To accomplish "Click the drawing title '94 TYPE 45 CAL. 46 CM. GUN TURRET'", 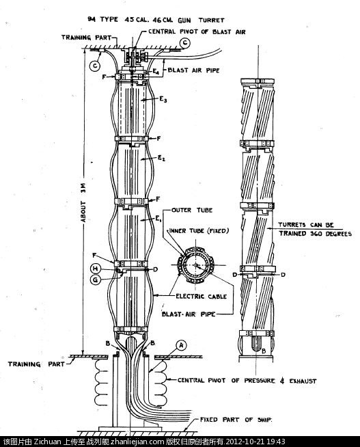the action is tap(156, 20).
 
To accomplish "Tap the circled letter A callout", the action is tap(181, 346).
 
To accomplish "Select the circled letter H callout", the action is tap(95, 269).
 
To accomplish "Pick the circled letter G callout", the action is tap(95, 280).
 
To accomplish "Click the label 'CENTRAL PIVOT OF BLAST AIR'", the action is tap(197, 31).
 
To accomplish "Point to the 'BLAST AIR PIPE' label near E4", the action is tap(193, 70).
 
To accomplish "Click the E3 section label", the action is tap(163, 100).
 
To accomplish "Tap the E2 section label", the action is tap(161, 158).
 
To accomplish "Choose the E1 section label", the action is tap(158, 219).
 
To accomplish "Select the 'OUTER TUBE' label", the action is tap(192, 210).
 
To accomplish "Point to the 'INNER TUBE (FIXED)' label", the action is tap(199, 230).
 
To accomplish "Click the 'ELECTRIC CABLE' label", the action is tap(201, 296).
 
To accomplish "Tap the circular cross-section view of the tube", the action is tap(195, 265).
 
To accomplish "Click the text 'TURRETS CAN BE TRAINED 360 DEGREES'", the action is tap(315, 229).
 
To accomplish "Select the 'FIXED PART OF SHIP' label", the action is tap(236, 420).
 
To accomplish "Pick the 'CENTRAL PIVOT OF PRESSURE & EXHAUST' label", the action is tap(247, 381).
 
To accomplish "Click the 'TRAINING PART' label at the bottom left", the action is tap(36, 364).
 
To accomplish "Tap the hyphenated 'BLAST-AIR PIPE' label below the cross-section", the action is tap(189, 314).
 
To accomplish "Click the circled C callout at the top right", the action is tap(185, 43).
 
